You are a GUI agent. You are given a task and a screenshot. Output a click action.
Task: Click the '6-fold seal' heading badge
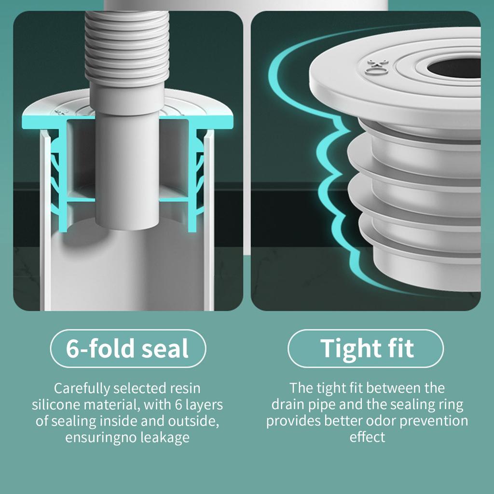pos(128,348)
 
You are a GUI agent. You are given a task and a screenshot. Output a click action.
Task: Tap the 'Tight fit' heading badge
pos(366,348)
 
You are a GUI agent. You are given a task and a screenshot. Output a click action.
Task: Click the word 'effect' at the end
pos(367,437)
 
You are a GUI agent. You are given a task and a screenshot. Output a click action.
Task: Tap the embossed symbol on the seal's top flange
pos(374,66)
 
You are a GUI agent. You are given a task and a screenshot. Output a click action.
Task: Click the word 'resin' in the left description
pos(186,388)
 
